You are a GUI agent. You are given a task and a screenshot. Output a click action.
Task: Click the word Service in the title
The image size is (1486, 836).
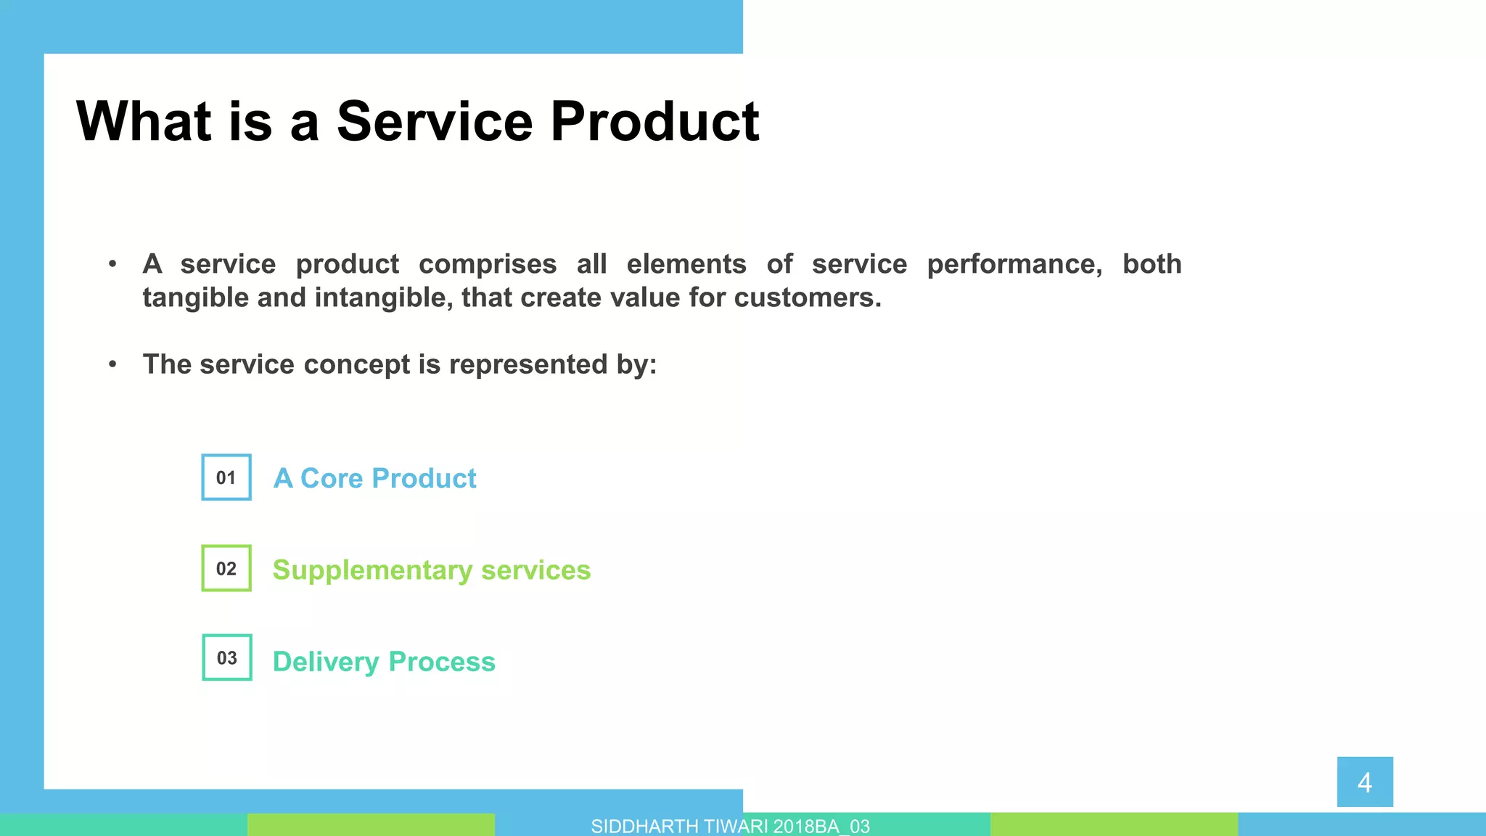(434, 121)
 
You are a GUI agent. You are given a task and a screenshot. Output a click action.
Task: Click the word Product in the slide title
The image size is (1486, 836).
(654, 121)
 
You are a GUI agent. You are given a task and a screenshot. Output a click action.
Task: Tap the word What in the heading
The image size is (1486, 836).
(144, 121)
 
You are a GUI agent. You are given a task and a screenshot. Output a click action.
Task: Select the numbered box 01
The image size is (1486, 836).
(226, 478)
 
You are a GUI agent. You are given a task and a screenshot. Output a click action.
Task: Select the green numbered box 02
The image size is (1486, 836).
(226, 568)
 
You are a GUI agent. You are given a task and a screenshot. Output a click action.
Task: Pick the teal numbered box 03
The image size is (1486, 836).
(227, 657)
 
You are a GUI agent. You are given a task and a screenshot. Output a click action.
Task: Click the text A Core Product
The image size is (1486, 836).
(374, 478)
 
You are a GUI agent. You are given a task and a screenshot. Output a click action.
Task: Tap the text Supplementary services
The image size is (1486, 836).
(432, 570)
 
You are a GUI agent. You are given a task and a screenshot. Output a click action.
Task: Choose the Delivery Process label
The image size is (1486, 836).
(384, 661)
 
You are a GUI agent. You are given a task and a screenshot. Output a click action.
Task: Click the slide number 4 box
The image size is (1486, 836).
(1365, 782)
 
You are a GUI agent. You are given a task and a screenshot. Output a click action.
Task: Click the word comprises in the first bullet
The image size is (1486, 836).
(488, 264)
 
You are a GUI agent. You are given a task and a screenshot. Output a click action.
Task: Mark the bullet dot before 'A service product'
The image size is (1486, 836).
(112, 264)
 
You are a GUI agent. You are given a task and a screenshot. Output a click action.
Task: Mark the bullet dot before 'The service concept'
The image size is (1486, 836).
(112, 364)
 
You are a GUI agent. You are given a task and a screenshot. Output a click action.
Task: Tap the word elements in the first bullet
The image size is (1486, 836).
(686, 264)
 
